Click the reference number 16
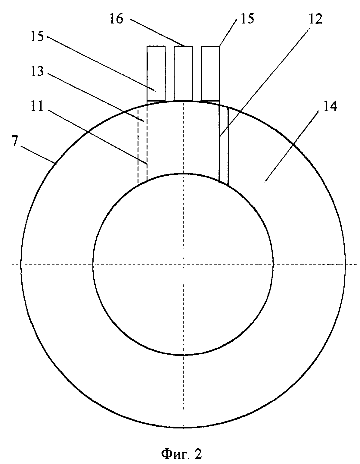click(x=116, y=19)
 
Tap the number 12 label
click(x=315, y=19)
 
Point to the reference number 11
click(x=37, y=106)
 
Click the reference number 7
click(x=14, y=141)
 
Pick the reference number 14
click(x=331, y=106)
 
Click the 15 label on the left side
click(x=37, y=36)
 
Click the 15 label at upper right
click(x=247, y=19)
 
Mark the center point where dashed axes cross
click(x=183, y=264)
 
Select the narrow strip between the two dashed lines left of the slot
click(x=142, y=145)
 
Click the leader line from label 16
click(x=157, y=33)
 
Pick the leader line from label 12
click(x=264, y=83)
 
